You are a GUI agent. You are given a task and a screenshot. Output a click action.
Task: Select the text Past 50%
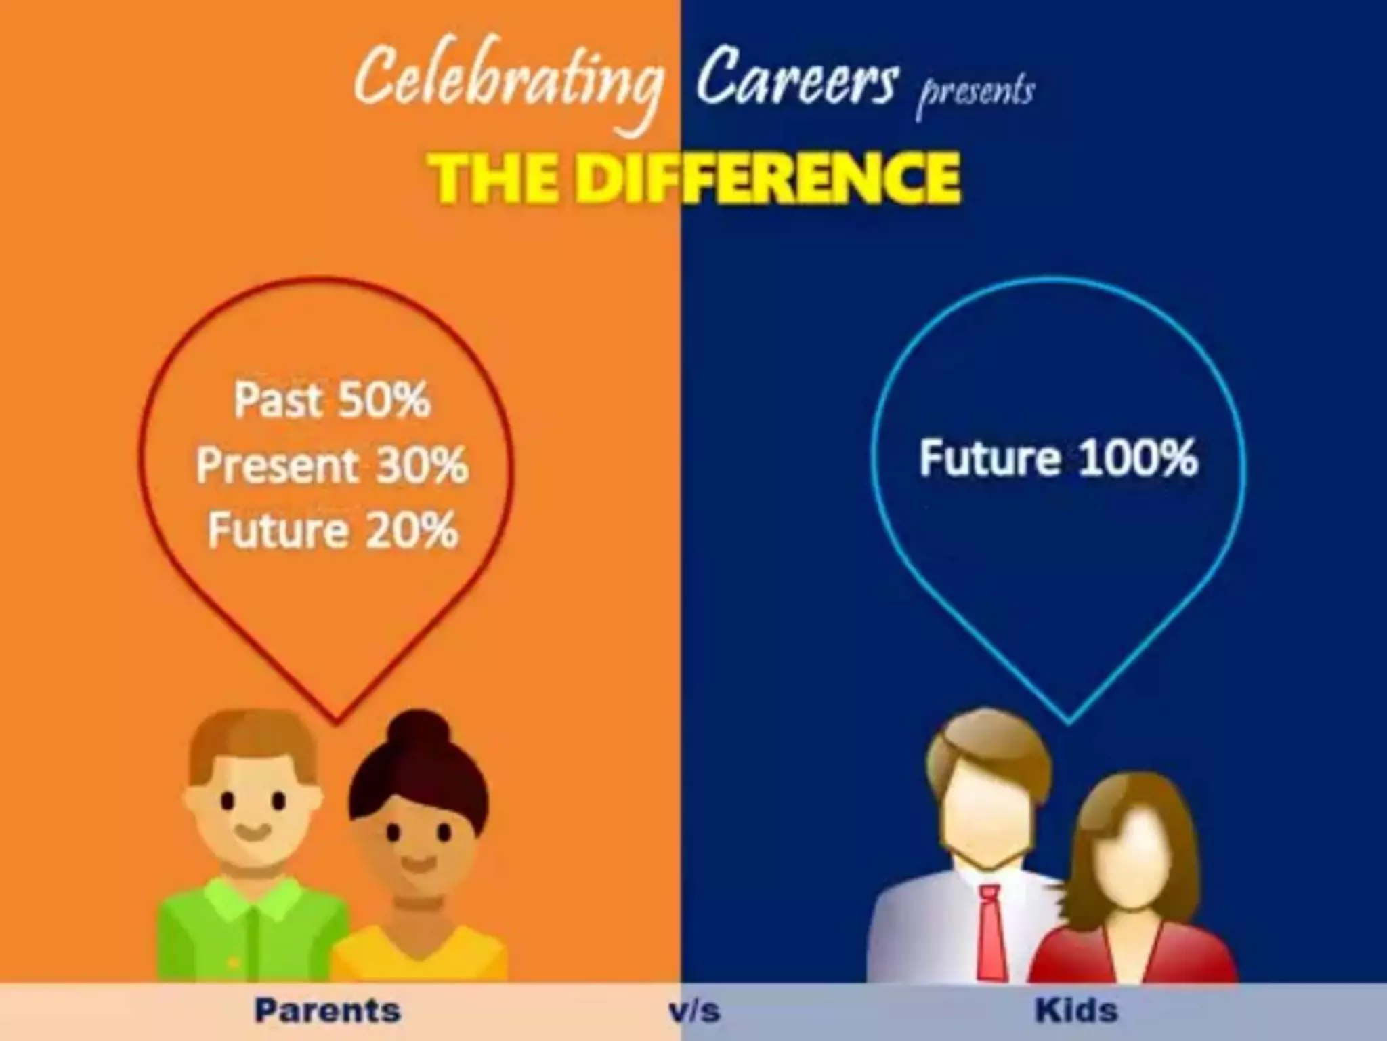click(x=332, y=400)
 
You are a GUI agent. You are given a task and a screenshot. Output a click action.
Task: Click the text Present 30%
click(x=332, y=466)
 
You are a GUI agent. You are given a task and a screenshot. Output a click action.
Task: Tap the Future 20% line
click(x=332, y=530)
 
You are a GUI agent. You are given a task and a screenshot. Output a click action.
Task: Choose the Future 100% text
click(x=1058, y=458)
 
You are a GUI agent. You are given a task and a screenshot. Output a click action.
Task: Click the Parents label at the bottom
click(x=328, y=1011)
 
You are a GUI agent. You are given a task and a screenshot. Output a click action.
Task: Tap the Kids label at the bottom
click(x=1077, y=1011)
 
